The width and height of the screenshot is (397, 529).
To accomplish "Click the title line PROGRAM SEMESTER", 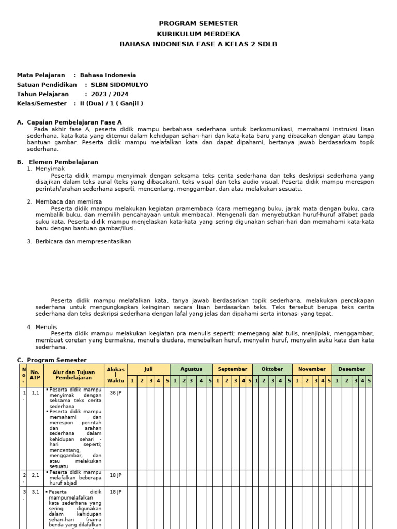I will [x=198, y=23].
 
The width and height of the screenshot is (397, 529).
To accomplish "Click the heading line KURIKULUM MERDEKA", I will [x=198, y=34].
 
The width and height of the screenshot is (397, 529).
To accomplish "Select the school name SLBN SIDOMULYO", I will [x=119, y=85].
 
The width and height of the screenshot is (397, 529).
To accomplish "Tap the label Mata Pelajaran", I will [x=41, y=75].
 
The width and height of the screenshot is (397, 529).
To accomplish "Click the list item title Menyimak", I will [x=50, y=169].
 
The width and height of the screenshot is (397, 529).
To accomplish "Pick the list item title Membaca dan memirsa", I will [x=68, y=201].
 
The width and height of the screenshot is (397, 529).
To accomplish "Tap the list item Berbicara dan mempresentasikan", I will [x=83, y=241].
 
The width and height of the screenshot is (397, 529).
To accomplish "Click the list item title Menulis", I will [x=46, y=327].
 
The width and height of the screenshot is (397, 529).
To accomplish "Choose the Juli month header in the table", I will [x=148, y=369].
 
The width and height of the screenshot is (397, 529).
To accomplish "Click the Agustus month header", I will [x=191, y=369].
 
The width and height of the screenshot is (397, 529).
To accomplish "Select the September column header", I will [x=233, y=369].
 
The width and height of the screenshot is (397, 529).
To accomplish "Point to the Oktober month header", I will [x=272, y=369].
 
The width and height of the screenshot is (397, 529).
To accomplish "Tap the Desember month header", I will [x=352, y=369].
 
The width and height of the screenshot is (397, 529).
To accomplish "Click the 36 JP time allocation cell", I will [x=115, y=393].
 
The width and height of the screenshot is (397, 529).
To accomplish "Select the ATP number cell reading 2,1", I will [x=35, y=475].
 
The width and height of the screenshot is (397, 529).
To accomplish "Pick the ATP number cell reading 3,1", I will [x=35, y=492].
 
